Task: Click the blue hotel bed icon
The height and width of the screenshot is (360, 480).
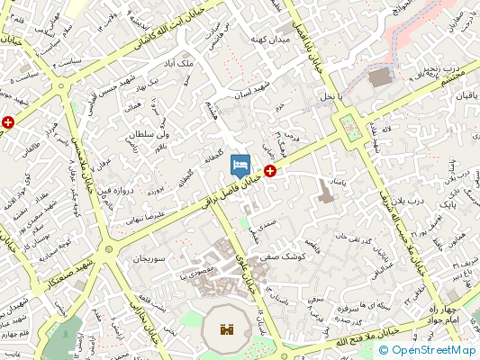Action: point(240,165)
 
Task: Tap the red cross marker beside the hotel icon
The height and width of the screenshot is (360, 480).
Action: point(269,169)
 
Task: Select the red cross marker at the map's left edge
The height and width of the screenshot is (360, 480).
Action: point(8,121)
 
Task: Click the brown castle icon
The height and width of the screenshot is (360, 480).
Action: point(227,330)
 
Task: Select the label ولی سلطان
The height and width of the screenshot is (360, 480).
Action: point(151,134)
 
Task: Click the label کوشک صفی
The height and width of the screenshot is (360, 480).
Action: point(284,257)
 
